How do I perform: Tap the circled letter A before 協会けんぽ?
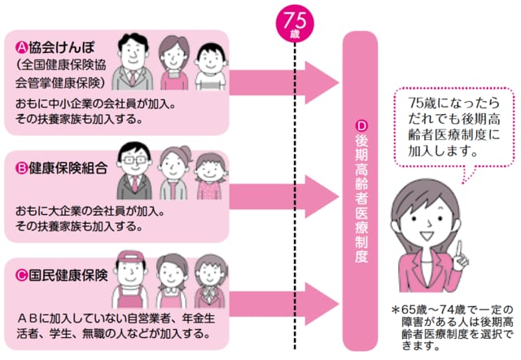(23, 48)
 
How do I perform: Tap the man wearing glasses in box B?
(133, 171)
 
